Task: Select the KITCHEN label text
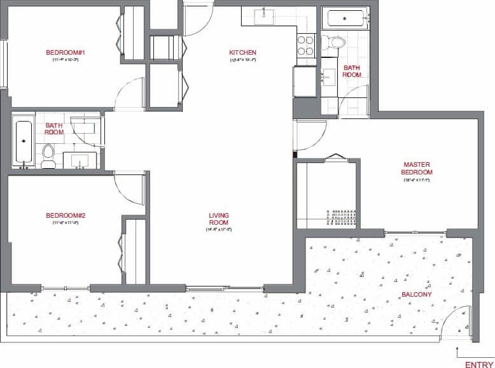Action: click(x=242, y=52)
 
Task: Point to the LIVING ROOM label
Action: click(x=219, y=219)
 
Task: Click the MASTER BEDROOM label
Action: click(x=417, y=168)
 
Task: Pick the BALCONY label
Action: click(x=416, y=295)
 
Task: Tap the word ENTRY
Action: click(x=479, y=365)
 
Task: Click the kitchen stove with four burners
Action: click(x=306, y=45)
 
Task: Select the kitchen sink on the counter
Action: click(x=263, y=16)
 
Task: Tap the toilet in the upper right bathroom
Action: click(x=335, y=43)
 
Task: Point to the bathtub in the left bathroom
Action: click(x=24, y=141)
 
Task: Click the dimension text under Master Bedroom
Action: click(x=417, y=180)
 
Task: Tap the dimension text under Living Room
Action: click(x=218, y=230)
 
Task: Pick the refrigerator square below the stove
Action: click(x=305, y=81)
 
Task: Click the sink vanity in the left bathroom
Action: click(x=80, y=159)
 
